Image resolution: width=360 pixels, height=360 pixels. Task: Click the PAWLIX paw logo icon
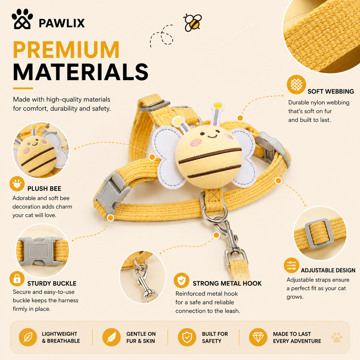22,19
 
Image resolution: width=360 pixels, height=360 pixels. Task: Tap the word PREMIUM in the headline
66,50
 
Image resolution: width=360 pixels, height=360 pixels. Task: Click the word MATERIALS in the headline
81,72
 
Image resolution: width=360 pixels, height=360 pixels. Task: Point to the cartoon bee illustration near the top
193,23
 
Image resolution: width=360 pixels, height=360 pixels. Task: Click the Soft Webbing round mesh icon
296,84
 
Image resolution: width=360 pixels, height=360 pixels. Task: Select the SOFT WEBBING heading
331,91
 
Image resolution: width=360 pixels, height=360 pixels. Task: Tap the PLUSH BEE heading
44,189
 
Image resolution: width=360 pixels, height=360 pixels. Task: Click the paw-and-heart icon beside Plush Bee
17,184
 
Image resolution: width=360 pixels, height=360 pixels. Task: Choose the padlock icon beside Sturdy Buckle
17,279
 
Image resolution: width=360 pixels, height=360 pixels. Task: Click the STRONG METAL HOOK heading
227,283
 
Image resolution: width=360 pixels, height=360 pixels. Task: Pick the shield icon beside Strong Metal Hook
181,280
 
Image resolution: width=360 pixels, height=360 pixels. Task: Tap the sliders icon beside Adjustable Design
291,265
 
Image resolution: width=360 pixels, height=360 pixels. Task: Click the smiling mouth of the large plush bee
213,137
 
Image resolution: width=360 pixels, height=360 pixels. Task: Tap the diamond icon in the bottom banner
258,337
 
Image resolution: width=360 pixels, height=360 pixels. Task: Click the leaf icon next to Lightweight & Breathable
28,337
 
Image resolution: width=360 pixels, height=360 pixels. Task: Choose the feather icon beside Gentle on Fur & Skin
111,337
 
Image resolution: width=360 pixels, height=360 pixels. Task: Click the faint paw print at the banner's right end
337,337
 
